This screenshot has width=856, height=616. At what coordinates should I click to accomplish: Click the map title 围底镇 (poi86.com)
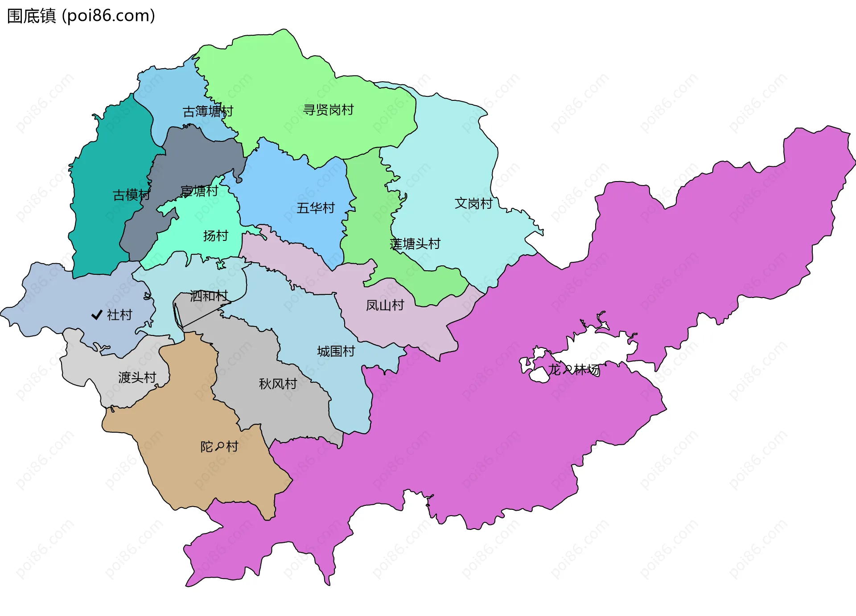pos(81,16)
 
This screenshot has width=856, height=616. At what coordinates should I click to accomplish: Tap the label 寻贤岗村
pos(328,110)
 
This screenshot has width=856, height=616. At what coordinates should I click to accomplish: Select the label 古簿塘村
pos(208,111)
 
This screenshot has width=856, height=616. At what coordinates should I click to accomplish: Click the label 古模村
pos(131,195)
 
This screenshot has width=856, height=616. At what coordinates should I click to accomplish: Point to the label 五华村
pos(316,208)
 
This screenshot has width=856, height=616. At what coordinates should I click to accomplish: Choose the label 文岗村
pos(473,203)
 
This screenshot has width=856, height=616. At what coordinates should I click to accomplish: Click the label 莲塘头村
pos(415,244)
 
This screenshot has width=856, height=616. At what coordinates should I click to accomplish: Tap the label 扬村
pos(215,236)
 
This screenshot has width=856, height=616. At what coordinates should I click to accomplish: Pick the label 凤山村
pos(385,305)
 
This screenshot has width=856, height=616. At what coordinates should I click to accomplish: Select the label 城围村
pos(336,351)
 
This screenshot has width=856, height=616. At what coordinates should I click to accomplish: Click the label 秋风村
pos(278,384)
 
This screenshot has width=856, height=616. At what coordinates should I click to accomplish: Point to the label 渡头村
pos(137,377)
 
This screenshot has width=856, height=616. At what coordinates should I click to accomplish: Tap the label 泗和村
pos(209,296)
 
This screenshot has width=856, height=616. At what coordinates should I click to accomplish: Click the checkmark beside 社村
pos(97,315)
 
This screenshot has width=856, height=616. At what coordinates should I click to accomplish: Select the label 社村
pos(119,315)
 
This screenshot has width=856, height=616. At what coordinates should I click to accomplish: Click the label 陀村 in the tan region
pos(219,446)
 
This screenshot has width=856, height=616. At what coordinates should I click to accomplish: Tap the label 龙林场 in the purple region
pos(573,369)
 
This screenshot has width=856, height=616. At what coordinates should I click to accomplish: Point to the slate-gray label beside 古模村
pos(199,191)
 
